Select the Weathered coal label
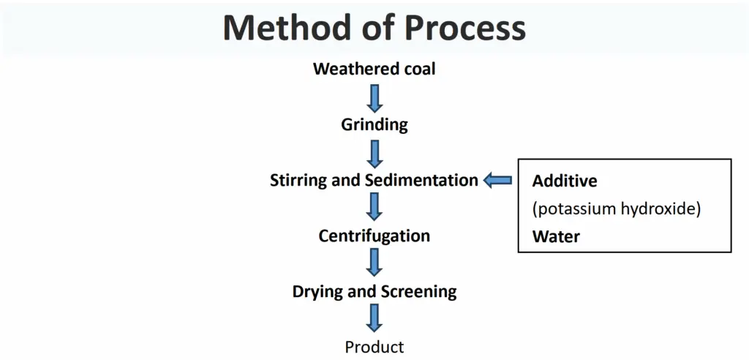374,69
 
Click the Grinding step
374,125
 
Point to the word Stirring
299,181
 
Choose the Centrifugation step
374,236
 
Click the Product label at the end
374,347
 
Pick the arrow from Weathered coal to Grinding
374,99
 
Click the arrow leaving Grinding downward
374,154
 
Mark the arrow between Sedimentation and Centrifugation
374,206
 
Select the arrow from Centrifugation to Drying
374,262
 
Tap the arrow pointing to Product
374,318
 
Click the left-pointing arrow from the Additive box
497,181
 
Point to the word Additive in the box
565,181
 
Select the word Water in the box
556,236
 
